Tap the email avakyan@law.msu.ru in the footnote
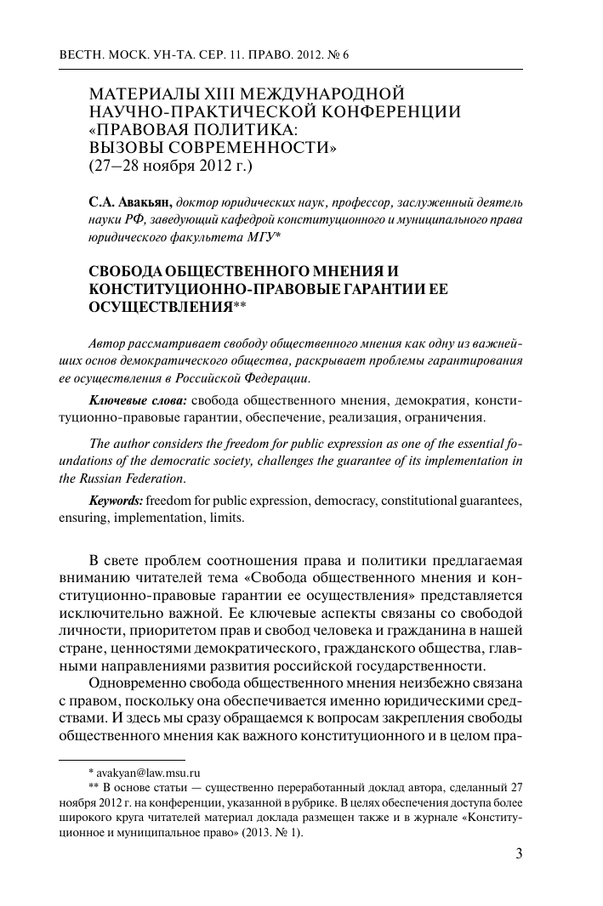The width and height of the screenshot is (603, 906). pyautogui.click(x=152, y=773)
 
